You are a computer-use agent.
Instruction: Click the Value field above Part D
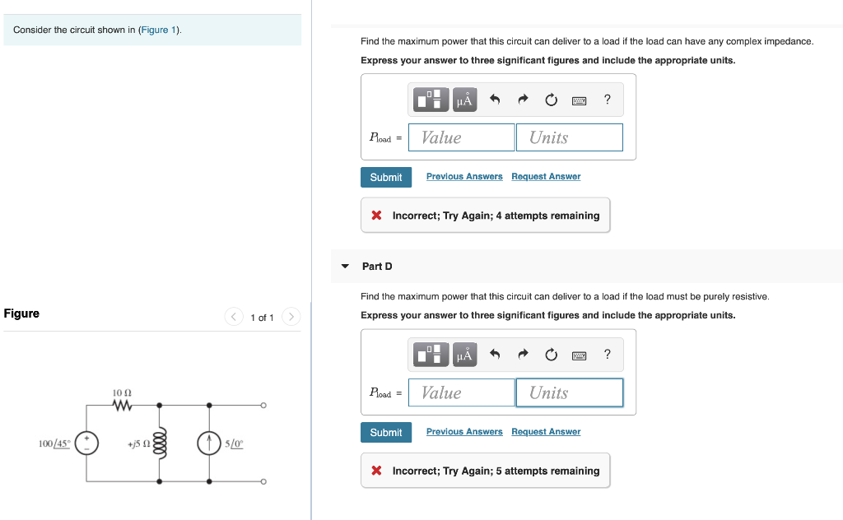coord(461,137)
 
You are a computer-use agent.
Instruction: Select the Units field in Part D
coord(569,392)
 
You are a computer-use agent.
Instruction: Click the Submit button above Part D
coord(385,177)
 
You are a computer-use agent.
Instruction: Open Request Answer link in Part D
coord(546,432)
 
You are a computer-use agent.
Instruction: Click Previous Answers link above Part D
coord(464,177)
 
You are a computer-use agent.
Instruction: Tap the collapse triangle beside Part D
coord(345,267)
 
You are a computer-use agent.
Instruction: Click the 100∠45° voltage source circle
coord(87,443)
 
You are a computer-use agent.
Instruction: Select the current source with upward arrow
coord(209,443)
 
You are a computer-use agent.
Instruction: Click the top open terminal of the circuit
coord(263,405)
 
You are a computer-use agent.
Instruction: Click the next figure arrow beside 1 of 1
coord(291,317)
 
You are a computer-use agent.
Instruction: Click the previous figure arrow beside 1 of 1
coord(235,317)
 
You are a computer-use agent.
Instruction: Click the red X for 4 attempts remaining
coord(376,216)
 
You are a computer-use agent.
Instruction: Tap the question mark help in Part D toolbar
coord(608,355)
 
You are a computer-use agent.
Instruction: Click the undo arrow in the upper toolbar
coord(495,100)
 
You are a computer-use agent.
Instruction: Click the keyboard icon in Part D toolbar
coord(579,355)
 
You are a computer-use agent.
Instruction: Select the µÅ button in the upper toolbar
coord(464,100)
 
